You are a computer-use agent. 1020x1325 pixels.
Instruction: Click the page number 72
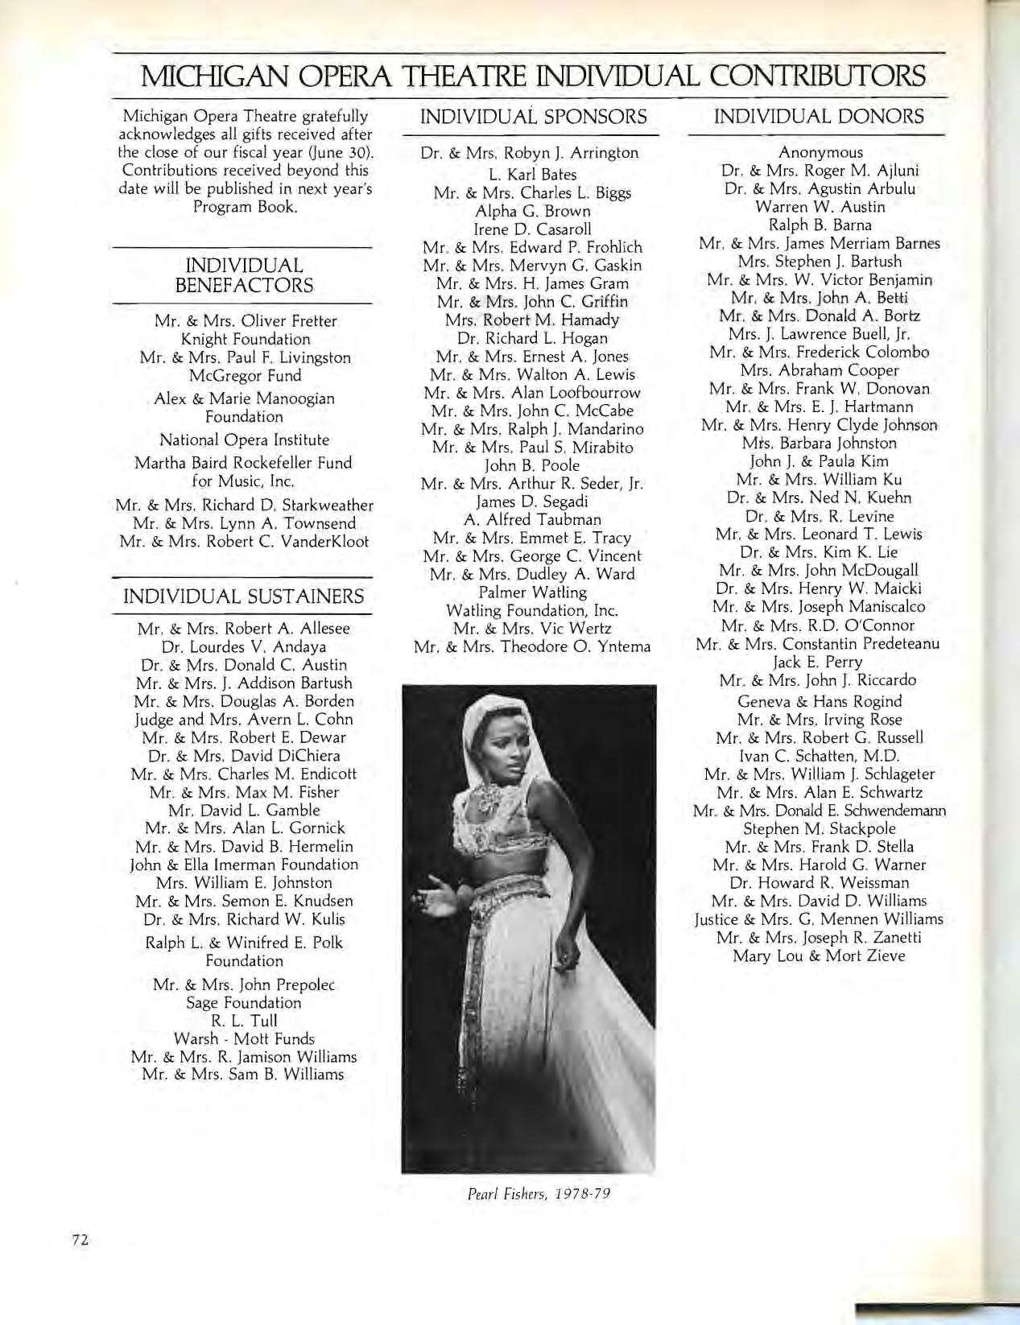click(79, 1240)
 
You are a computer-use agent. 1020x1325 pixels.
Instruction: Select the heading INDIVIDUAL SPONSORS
click(533, 117)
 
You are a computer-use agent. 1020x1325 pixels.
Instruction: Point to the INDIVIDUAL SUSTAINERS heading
click(242, 596)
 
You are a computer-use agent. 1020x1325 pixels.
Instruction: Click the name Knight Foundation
click(246, 339)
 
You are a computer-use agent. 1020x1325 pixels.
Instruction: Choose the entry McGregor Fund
click(245, 375)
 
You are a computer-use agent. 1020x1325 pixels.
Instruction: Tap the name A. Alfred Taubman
click(533, 519)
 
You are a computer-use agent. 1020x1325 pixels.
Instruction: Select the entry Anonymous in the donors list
click(820, 152)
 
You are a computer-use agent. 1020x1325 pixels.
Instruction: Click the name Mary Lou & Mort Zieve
click(819, 956)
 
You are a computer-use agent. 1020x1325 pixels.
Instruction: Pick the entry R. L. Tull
click(242, 1021)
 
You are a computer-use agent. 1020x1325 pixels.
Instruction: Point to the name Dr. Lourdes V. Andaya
click(244, 646)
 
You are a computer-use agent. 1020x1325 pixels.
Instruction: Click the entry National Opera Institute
click(244, 440)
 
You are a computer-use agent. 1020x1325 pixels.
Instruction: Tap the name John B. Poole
click(532, 465)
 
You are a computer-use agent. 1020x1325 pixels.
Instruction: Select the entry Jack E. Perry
click(818, 662)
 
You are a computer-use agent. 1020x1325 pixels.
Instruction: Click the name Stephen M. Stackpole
click(819, 828)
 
